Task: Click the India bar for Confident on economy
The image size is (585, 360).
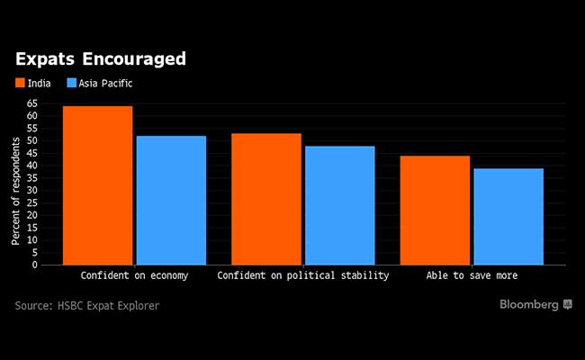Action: coord(98,185)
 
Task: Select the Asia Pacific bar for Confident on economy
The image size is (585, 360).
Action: coord(171,200)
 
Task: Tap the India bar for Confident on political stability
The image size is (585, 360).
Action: coord(266,199)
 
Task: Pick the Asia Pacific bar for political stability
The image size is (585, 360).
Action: coord(339,205)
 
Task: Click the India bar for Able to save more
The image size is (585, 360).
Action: coord(435,211)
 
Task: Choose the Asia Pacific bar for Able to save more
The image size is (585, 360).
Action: coord(508,217)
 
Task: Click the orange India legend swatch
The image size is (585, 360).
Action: coord(21,84)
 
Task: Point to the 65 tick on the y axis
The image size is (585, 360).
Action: coord(32,103)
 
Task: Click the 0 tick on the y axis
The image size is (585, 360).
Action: coord(35,265)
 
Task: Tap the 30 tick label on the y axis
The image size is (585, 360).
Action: coord(32,191)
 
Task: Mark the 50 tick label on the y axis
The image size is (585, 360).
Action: coord(32,141)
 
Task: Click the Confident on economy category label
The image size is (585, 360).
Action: coord(134,275)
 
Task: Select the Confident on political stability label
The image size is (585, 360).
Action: coord(302,275)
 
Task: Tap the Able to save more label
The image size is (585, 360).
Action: coord(472,275)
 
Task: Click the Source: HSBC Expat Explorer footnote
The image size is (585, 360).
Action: coord(86,306)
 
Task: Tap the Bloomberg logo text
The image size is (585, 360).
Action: coord(530,305)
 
